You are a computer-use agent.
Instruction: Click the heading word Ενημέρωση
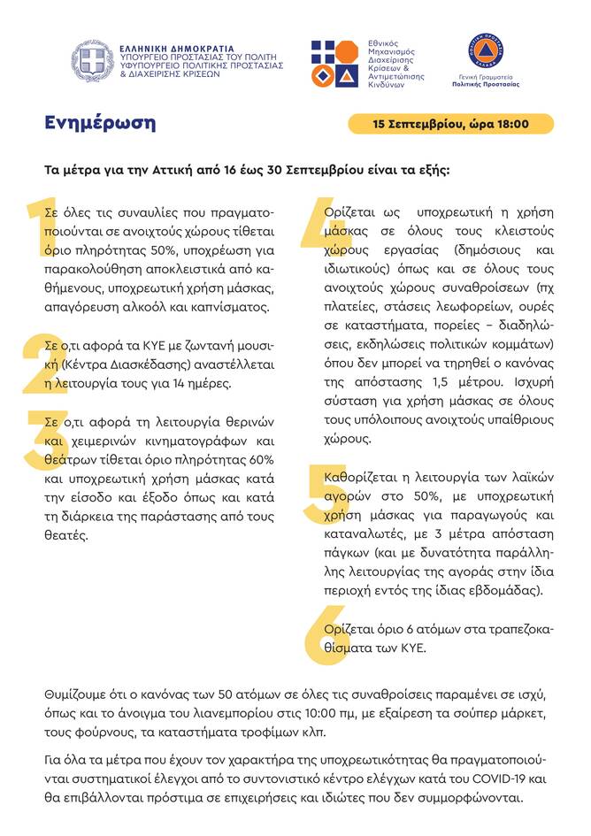click(x=99, y=123)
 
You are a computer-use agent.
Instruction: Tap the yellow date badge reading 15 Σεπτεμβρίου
click(x=451, y=124)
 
